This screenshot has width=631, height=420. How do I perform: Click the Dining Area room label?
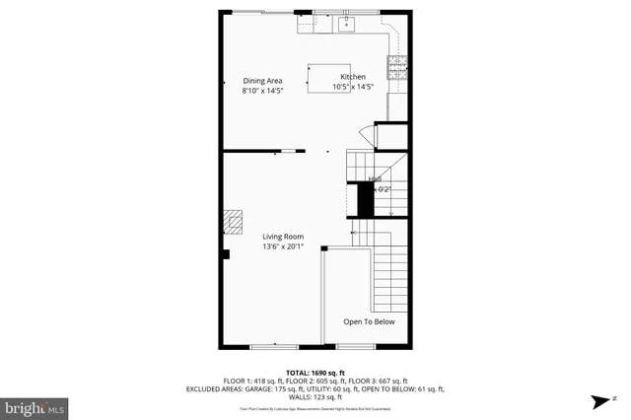[263, 81]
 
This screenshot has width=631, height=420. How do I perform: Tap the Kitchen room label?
[352, 77]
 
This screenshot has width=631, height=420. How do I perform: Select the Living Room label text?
[282, 237]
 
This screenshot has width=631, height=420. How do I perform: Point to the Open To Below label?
[369, 321]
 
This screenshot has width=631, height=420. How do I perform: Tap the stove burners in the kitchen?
[397, 67]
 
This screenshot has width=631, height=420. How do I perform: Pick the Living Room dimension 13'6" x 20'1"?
[282, 247]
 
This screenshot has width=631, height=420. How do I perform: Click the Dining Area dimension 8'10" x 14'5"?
[263, 91]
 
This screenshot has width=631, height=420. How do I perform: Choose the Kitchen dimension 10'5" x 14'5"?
[353, 87]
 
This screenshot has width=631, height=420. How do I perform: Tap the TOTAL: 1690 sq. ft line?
[315, 373]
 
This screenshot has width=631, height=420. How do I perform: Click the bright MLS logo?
[35, 405]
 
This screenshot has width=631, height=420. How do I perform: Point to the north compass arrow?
[600, 401]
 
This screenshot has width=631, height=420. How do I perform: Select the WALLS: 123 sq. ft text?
[315, 396]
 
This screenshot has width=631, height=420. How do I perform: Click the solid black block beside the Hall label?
[365, 201]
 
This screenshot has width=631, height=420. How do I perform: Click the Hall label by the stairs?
[375, 179]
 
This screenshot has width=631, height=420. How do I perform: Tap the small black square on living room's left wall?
[226, 254]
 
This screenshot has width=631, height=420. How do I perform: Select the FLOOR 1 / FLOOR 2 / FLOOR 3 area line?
[315, 381]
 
